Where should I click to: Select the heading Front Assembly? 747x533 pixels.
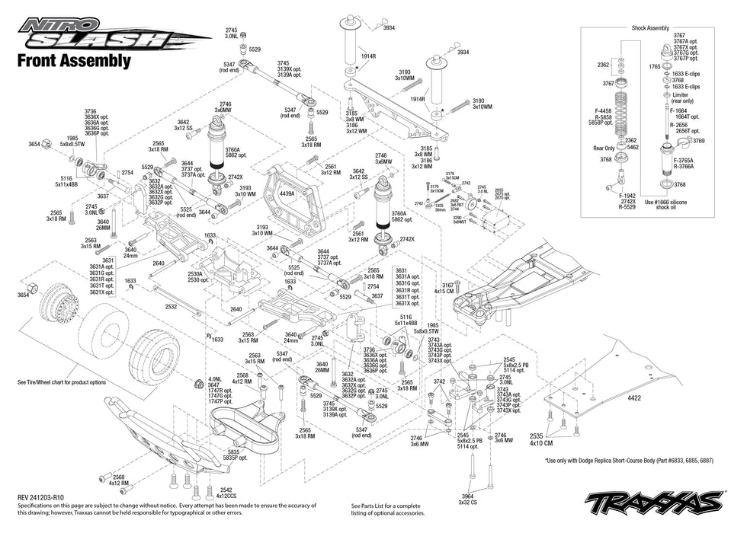click(x=73, y=61)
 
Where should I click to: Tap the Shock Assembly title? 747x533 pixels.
click(x=650, y=27)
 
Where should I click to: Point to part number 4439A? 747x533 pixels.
click(x=287, y=193)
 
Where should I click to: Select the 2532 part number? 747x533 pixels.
click(x=172, y=306)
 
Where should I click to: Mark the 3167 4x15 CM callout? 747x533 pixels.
click(x=444, y=287)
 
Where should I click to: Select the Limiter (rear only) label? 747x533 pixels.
click(x=683, y=97)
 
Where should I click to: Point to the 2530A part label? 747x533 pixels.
click(x=196, y=273)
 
